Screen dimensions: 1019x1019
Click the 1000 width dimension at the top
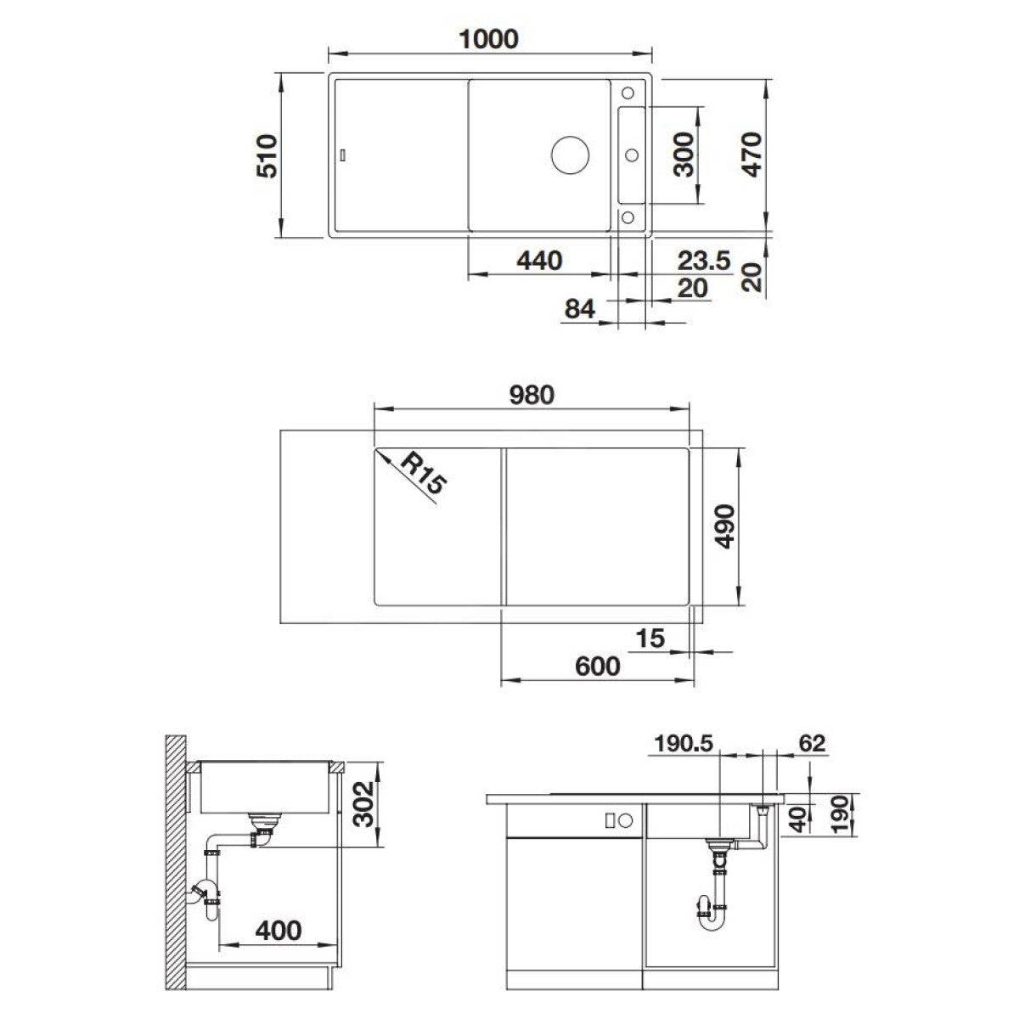click(x=488, y=39)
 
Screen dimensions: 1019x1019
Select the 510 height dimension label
click(x=267, y=156)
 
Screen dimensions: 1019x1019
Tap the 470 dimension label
click(x=752, y=155)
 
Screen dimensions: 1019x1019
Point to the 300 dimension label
click(x=684, y=155)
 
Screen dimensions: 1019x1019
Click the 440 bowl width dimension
click(x=539, y=261)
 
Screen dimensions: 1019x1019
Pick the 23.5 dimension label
click(x=704, y=261)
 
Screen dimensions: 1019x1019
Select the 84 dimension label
click(x=580, y=309)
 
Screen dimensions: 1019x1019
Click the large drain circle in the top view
click(x=570, y=155)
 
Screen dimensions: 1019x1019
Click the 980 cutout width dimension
click(x=532, y=395)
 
